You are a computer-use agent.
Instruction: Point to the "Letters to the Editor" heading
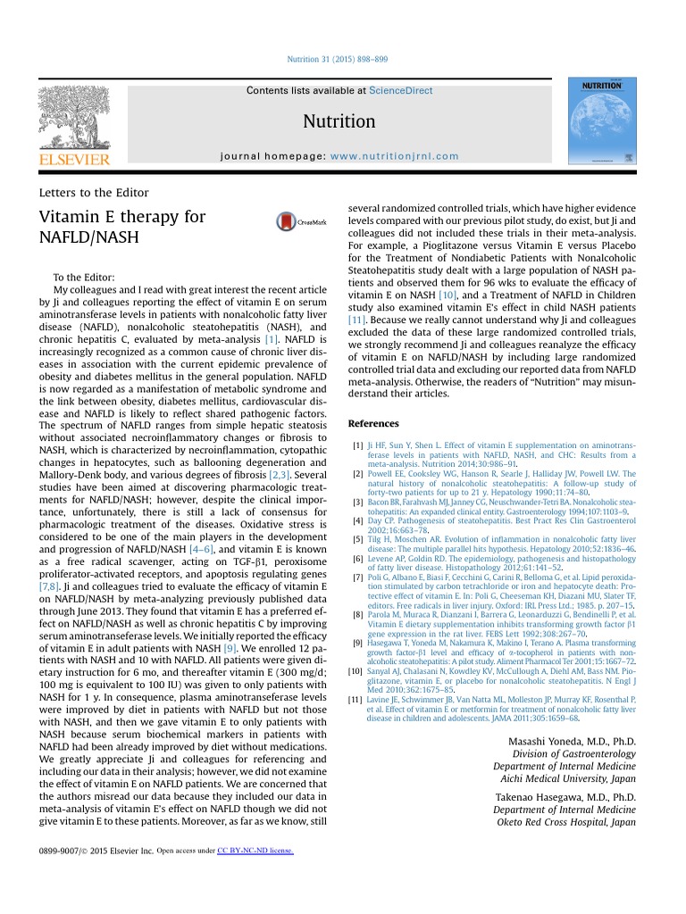(94, 192)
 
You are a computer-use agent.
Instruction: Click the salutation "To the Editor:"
(84, 278)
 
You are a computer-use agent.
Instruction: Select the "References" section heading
(373, 423)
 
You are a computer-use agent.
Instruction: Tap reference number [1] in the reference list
(357, 445)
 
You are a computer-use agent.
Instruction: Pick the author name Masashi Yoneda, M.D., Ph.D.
(572, 742)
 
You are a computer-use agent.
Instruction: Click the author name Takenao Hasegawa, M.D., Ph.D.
(572, 797)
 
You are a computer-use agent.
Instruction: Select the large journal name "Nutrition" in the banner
(339, 121)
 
